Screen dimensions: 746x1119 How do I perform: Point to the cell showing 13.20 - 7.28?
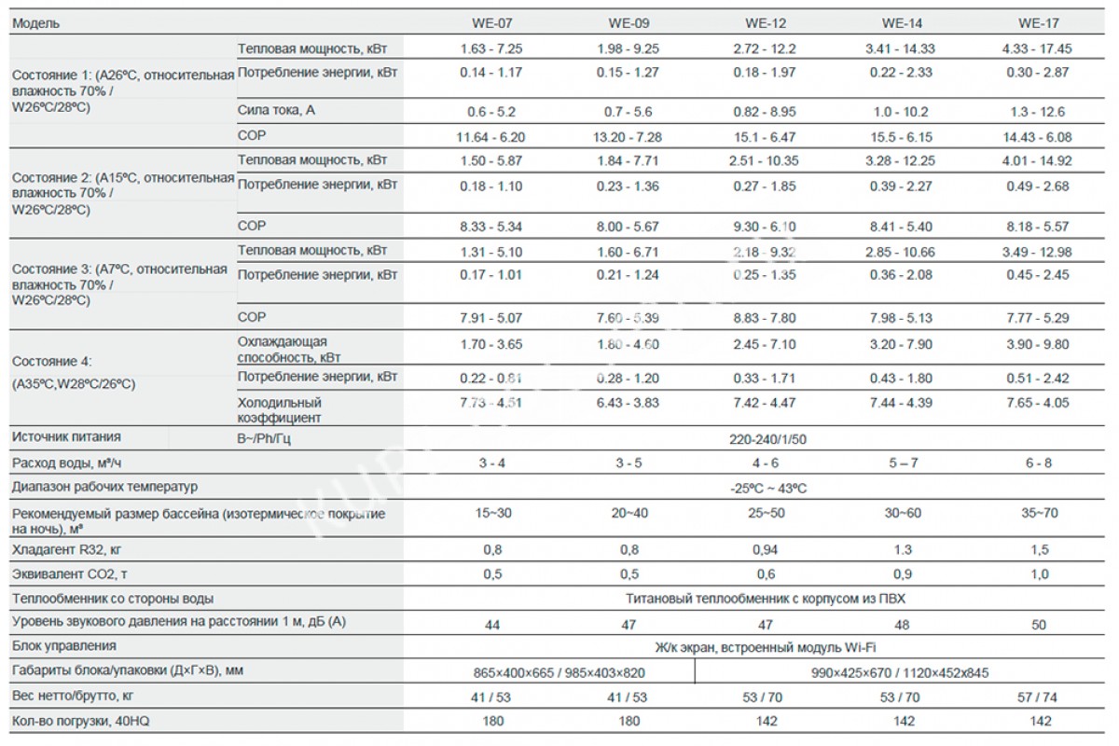pyautogui.click(x=628, y=137)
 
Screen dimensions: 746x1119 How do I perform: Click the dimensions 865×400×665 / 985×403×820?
pyautogui.click(x=558, y=672)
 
